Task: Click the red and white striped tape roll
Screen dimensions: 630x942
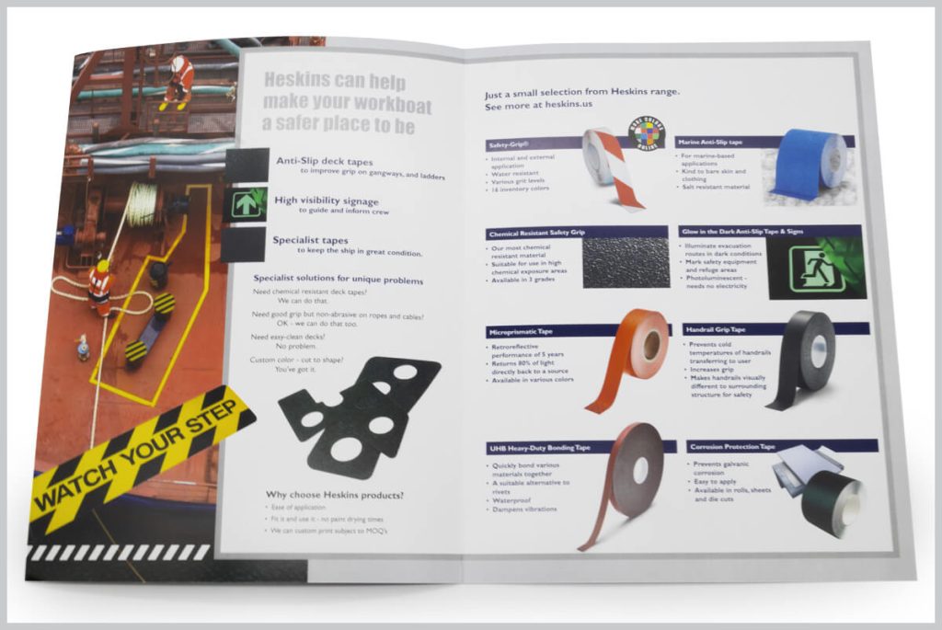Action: coord(606,168)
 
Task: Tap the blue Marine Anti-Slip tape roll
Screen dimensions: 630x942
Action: coord(810,166)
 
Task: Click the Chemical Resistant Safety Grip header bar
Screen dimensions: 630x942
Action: coord(576,233)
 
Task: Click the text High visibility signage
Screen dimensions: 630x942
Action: coord(326,200)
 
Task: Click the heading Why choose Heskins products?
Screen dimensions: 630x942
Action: coord(335,495)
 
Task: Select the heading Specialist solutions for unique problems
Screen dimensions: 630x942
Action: coord(338,280)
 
